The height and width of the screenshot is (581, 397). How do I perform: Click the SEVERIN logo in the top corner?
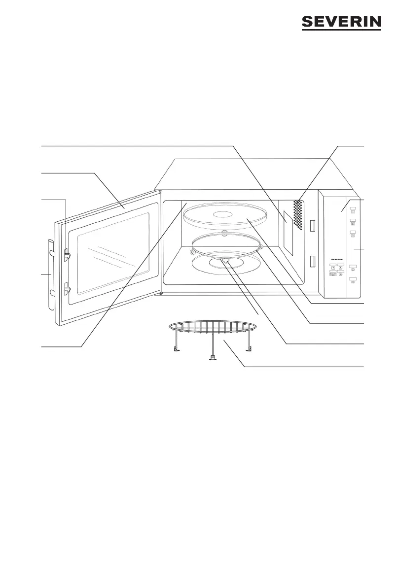(341, 23)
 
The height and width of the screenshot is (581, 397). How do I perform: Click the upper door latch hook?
(67, 253)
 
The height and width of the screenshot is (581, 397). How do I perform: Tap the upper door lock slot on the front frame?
(312, 226)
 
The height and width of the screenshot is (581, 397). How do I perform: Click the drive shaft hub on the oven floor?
(226, 262)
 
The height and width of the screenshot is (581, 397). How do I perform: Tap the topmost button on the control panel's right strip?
(353, 209)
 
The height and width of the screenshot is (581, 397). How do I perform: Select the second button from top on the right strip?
(353, 222)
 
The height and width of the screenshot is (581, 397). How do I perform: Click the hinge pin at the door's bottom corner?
(162, 293)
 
